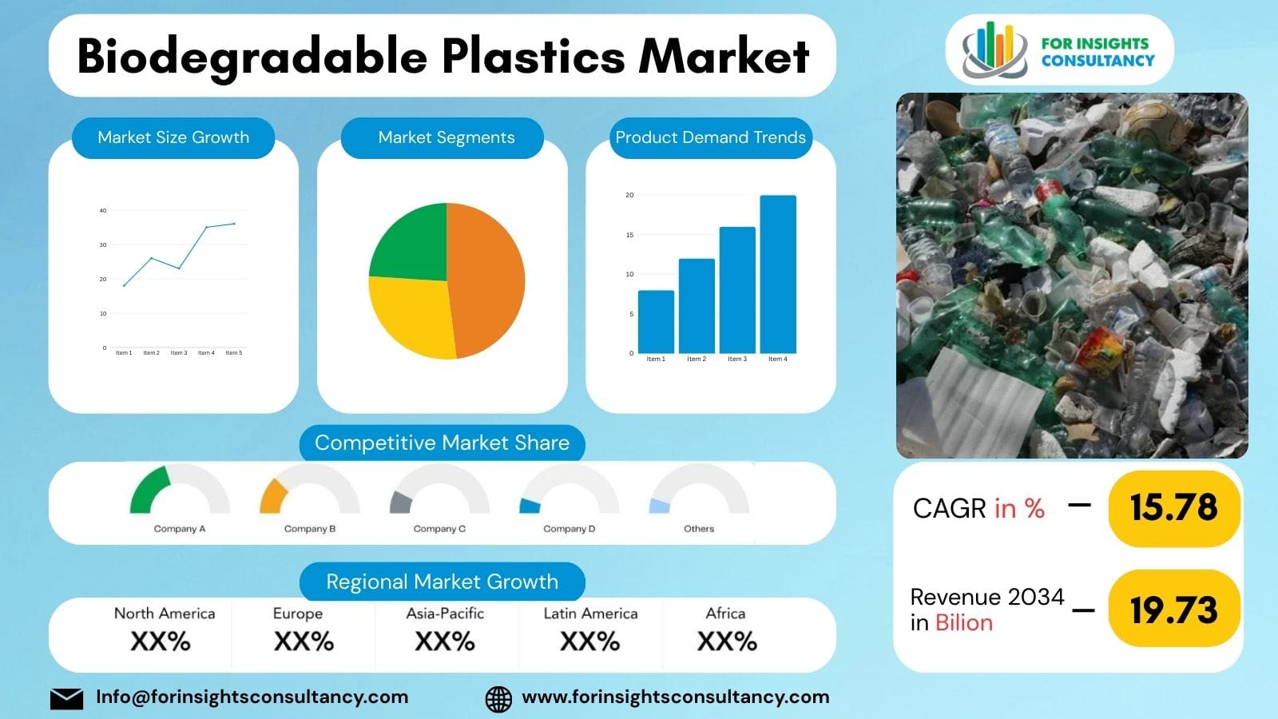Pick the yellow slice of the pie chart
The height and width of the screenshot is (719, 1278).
coord(409,315)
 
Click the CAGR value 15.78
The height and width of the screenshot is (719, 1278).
coord(1173,507)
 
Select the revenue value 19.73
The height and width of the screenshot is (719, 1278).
coord(1173,610)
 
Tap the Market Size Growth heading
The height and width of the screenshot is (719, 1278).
coord(173,137)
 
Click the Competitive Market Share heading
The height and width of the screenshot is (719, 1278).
coord(442,443)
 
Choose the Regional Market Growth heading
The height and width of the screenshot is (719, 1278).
coord(442,582)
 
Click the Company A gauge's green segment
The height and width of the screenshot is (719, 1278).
coord(149,491)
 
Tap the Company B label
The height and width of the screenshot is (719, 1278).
coord(310,529)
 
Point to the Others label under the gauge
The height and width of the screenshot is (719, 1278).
coord(699,529)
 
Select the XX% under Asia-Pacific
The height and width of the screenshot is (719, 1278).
coord(445,641)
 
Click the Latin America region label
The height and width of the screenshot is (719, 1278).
coord(590,614)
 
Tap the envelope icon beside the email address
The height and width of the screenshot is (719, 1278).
coord(66,698)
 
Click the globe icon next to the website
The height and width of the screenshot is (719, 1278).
coord(498,698)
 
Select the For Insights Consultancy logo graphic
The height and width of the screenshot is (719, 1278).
coord(994,50)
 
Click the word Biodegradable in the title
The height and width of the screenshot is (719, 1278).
coord(252,57)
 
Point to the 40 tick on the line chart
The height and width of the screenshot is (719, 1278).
coord(103,211)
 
